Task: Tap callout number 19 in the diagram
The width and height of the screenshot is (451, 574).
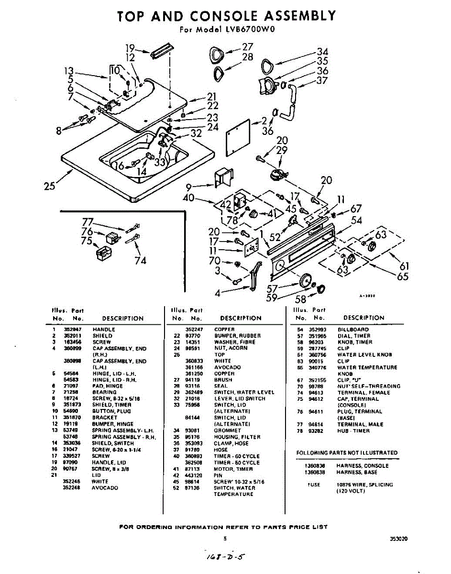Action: point(130,48)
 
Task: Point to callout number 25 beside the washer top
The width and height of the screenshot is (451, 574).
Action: point(50,186)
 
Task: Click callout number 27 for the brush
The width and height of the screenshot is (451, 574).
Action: point(247,47)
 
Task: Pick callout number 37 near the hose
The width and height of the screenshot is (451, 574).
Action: point(322,80)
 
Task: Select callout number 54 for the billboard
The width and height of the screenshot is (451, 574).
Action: point(356,221)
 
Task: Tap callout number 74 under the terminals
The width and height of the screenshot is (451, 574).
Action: point(140,260)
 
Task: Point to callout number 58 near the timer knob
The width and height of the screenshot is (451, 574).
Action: point(300,299)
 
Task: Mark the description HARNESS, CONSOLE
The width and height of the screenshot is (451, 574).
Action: point(362,465)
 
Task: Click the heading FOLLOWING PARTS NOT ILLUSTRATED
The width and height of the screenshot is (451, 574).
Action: point(347,453)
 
